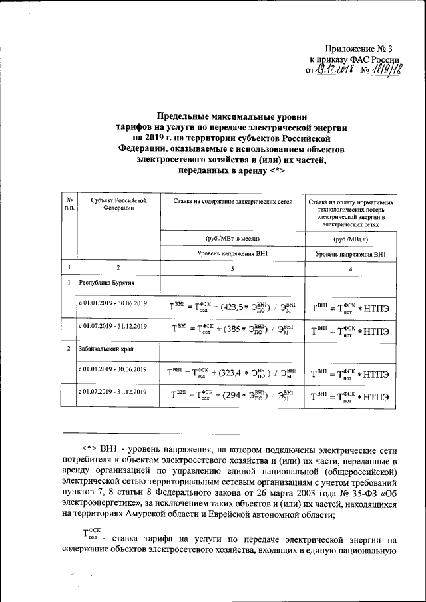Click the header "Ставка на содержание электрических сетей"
point(232,200)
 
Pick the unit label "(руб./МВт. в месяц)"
point(232,237)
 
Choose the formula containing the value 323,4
point(232,371)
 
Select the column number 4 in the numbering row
point(351,268)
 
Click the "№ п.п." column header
point(69,204)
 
